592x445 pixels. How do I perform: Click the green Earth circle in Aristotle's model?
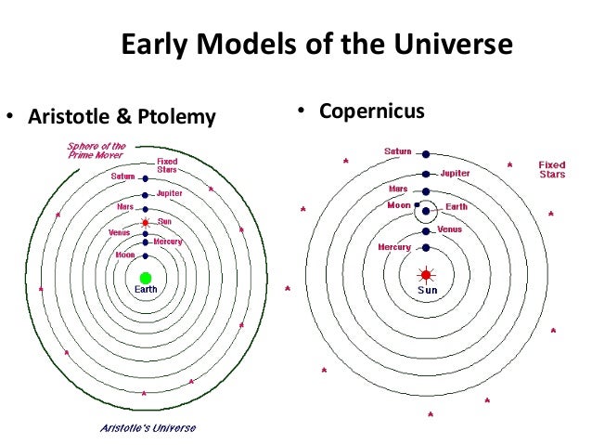145,277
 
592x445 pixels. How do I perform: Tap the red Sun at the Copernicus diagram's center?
426,275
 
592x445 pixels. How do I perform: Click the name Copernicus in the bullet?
371,111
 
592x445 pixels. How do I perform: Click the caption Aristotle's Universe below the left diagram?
143,428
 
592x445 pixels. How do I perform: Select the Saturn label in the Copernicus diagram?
398,151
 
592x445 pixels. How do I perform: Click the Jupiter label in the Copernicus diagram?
455,173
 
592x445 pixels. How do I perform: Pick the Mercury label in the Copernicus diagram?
394,247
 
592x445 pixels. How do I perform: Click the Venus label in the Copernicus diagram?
449,229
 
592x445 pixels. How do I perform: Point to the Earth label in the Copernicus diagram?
457,205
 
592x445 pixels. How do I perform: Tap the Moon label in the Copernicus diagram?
398,204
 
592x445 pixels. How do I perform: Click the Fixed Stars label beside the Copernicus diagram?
552,169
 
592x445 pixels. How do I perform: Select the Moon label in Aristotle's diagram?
124,254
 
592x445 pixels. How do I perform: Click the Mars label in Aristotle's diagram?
126,206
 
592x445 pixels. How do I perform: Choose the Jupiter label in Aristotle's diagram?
170,193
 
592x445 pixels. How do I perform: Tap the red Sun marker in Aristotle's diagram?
145,223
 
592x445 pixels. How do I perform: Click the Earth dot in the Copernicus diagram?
426,211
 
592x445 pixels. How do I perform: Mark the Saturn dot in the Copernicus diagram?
426,153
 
